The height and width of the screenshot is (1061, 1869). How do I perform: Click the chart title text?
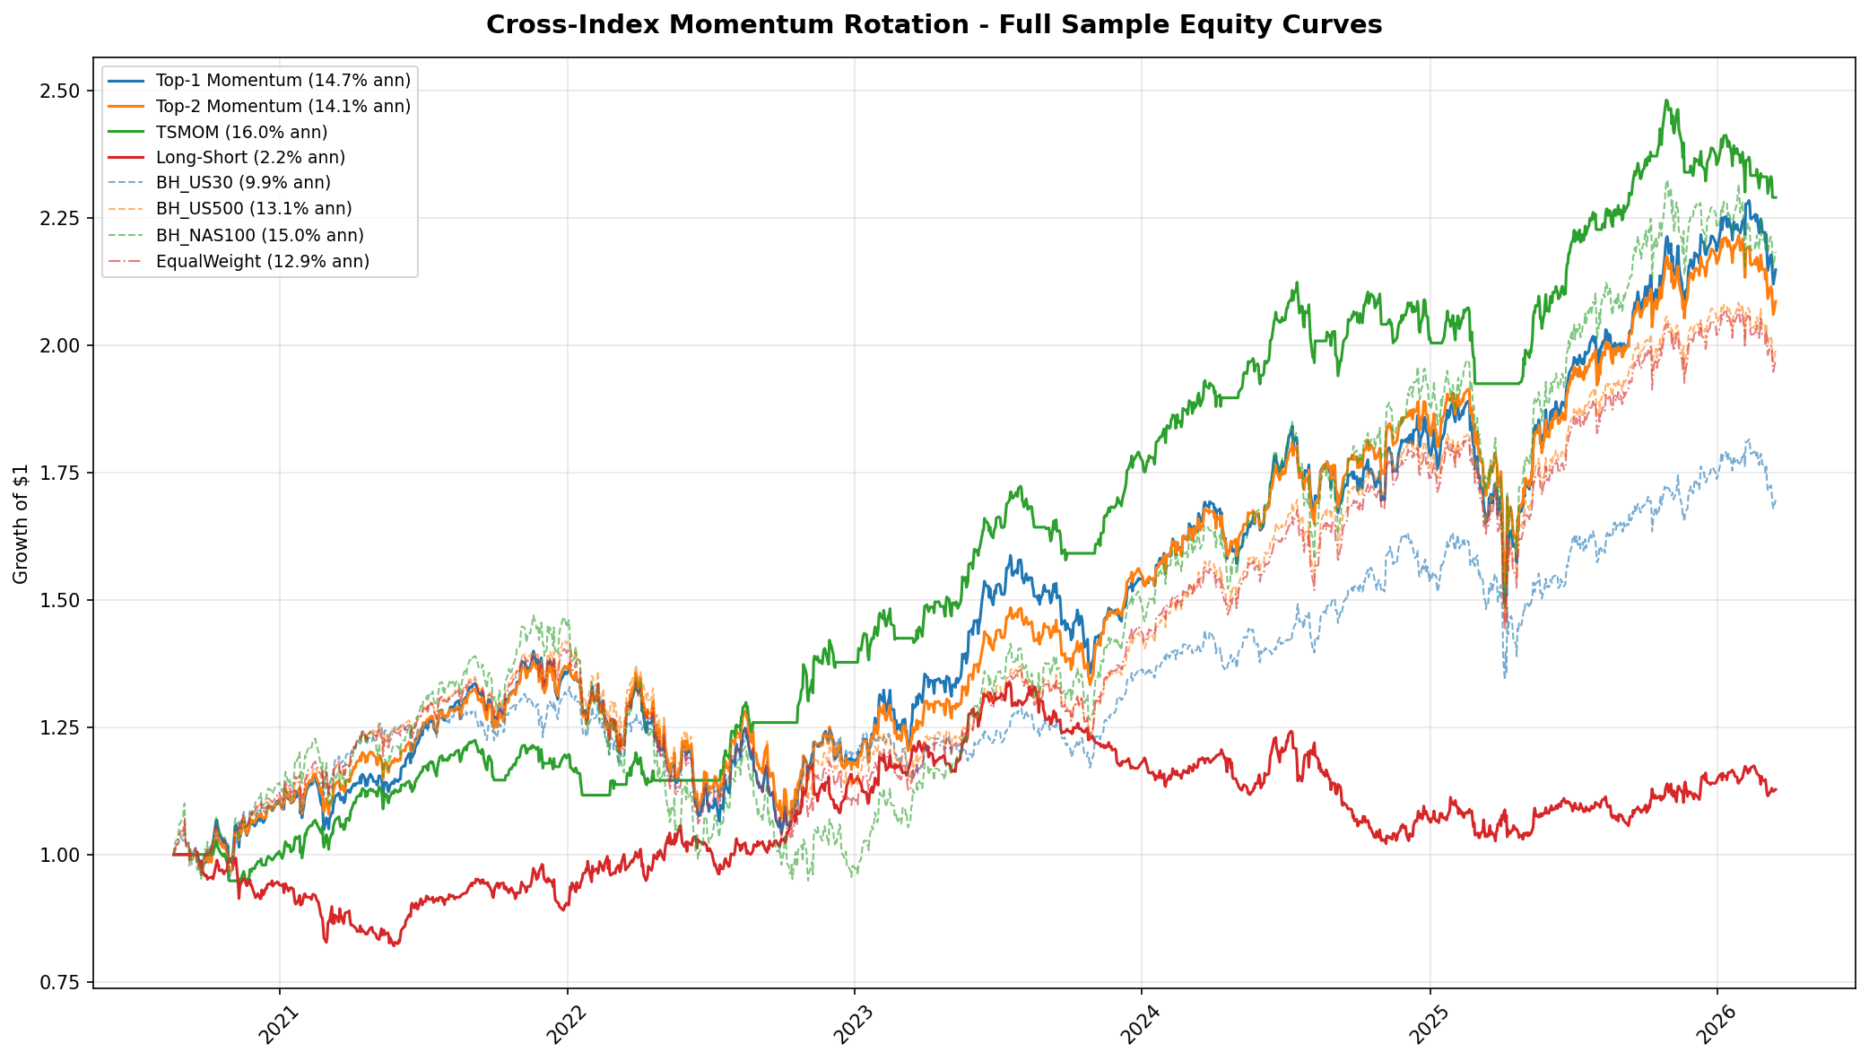[934, 25]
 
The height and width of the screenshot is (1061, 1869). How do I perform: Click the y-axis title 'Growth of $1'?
[21, 524]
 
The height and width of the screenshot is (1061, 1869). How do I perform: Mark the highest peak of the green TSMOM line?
[1665, 100]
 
